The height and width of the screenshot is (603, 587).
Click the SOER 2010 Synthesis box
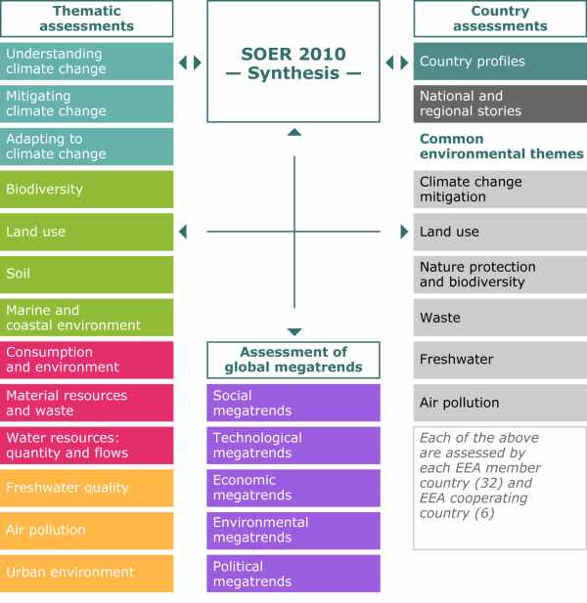(x=293, y=62)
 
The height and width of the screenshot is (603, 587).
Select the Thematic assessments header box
(x=87, y=19)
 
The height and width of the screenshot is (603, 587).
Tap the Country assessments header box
(x=500, y=19)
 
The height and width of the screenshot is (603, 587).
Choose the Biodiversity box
(x=87, y=190)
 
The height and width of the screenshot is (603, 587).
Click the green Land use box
(x=87, y=232)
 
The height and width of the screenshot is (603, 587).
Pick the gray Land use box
(x=500, y=232)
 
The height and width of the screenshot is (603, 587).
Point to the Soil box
(x=87, y=275)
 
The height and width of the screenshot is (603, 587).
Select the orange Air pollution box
(x=87, y=531)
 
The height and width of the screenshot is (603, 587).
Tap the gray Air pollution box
(x=500, y=403)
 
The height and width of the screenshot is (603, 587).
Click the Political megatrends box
(x=293, y=574)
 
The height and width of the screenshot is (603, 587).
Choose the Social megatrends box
(x=293, y=403)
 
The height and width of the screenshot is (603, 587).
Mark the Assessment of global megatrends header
(x=293, y=360)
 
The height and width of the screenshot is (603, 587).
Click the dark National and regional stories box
(x=500, y=104)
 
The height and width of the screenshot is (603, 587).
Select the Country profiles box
(x=500, y=62)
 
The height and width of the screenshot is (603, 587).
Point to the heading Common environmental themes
(x=501, y=147)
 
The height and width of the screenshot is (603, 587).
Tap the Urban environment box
(x=87, y=574)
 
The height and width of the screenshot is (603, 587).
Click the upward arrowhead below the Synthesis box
(x=294, y=132)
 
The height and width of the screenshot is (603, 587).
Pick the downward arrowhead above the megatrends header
(x=294, y=332)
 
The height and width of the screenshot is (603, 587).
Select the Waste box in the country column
(x=500, y=318)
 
